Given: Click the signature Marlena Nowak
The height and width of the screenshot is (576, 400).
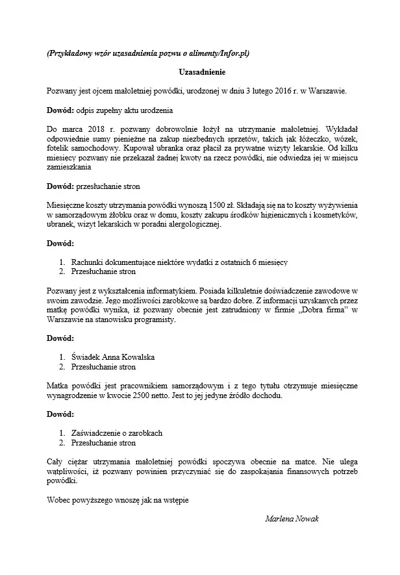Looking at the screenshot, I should (292, 519).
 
